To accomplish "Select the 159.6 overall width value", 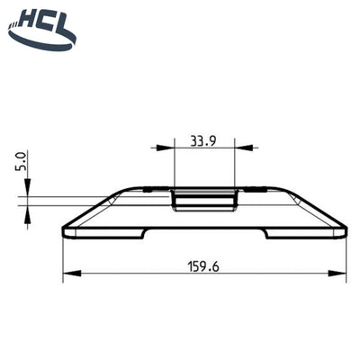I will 203,266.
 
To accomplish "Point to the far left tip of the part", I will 63,232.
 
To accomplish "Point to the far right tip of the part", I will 347,232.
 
